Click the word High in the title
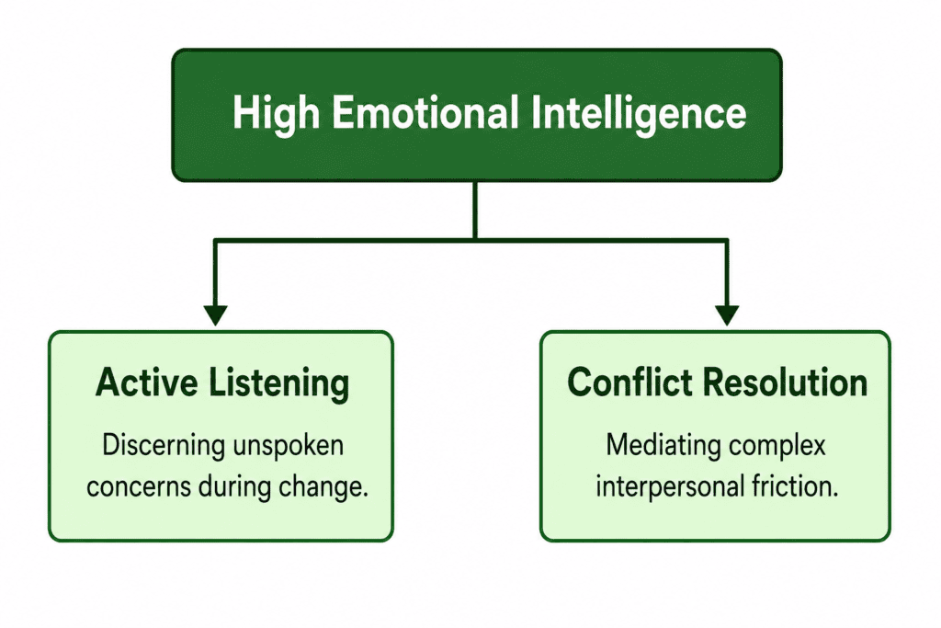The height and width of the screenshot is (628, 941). tap(276, 114)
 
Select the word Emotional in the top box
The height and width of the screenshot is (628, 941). tap(425, 112)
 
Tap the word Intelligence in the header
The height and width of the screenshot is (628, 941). tap(639, 114)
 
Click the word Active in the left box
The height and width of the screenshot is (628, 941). tap(146, 383)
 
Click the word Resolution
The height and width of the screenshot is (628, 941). tap(785, 382)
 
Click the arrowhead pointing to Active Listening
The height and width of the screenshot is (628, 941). tap(215, 315)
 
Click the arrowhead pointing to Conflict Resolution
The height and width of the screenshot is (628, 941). tap(727, 315)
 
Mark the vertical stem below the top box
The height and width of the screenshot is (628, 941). tap(475, 211)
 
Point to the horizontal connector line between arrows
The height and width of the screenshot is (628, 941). tap(471, 241)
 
